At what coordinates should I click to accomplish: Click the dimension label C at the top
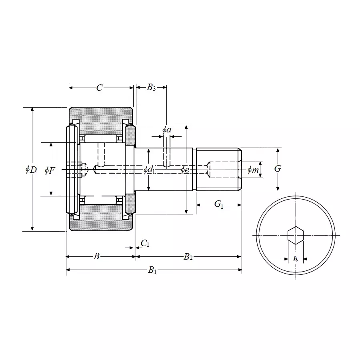(100, 88)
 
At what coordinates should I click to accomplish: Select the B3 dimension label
(151, 88)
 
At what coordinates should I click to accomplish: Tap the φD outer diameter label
(31, 170)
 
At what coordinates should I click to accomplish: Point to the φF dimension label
(50, 171)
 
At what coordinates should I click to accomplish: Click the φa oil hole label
(167, 130)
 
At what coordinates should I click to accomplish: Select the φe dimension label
(185, 170)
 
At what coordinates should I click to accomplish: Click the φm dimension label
(253, 170)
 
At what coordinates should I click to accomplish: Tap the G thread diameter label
(278, 169)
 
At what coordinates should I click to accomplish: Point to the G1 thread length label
(219, 204)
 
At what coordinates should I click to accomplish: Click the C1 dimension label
(145, 243)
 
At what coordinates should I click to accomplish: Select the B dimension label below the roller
(96, 256)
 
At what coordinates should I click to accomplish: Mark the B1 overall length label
(152, 271)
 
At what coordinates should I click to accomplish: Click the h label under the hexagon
(296, 259)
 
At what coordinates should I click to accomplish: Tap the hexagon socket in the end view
(296, 235)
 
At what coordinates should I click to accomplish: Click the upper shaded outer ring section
(101, 116)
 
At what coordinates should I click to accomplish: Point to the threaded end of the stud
(218, 169)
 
